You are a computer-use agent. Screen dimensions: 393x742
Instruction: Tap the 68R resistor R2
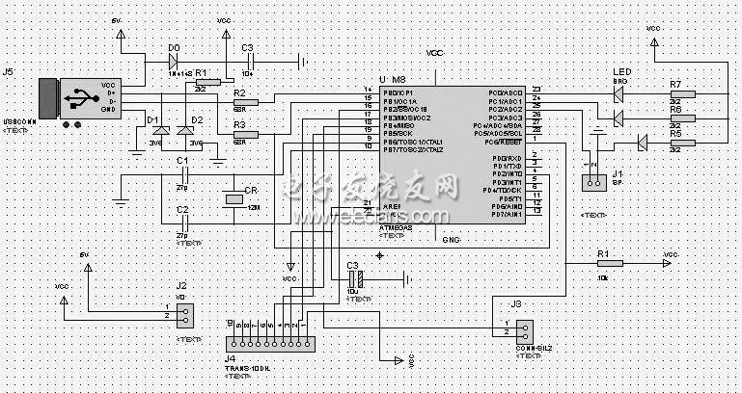(x=245, y=102)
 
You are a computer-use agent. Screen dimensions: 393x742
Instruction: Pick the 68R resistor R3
(x=245, y=134)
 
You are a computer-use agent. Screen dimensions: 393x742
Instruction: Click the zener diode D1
(x=162, y=131)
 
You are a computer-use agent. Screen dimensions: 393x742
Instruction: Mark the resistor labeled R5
(x=674, y=143)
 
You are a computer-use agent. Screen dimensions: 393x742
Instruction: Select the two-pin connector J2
(x=183, y=314)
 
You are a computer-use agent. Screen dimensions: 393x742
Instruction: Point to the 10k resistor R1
(x=610, y=263)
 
